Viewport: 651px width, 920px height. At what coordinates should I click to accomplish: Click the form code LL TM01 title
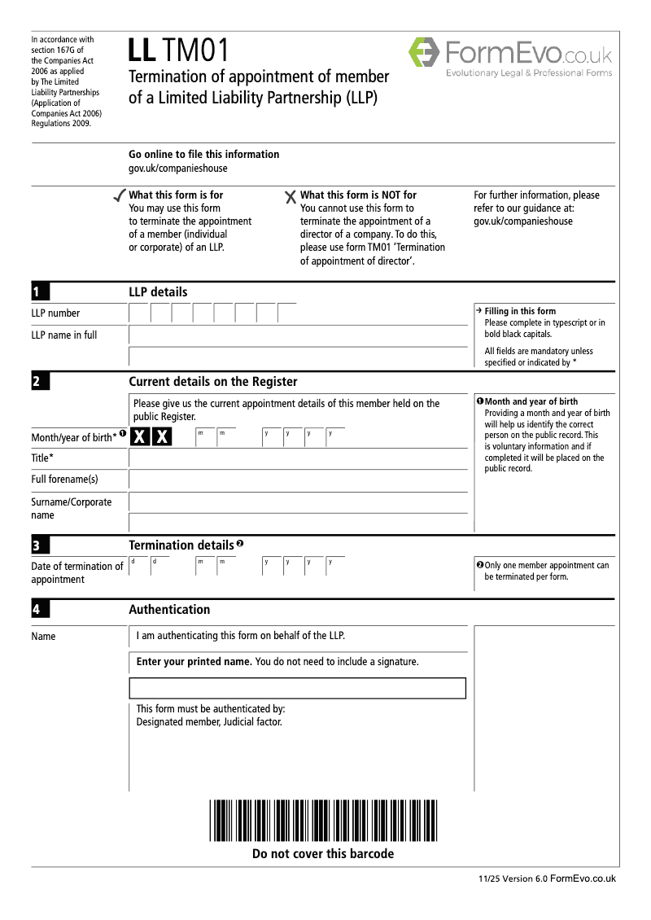[x=179, y=52]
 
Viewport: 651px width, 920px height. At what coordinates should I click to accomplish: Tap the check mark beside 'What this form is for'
[x=119, y=195]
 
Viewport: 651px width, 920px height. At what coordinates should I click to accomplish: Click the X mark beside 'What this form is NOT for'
[x=291, y=196]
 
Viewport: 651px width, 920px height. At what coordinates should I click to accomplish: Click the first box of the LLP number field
[x=139, y=313]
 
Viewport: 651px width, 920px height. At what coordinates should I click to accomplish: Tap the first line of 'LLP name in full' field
[x=299, y=335]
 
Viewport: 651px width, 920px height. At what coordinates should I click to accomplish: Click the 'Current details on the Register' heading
[x=213, y=382]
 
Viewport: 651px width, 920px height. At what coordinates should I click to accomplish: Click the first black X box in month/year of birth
[x=140, y=437]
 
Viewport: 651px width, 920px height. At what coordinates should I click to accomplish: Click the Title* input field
[x=299, y=458]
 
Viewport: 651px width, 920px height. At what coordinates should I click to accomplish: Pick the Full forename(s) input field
[x=299, y=480]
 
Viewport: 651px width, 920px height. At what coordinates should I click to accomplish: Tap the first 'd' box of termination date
[x=138, y=566]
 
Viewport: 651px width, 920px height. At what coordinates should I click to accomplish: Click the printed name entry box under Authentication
[x=298, y=688]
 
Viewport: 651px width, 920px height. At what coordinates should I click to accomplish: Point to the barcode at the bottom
[x=323, y=821]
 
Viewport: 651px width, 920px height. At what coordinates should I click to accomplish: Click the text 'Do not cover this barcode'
[x=323, y=854]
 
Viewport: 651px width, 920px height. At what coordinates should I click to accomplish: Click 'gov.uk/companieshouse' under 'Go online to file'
[x=178, y=169]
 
